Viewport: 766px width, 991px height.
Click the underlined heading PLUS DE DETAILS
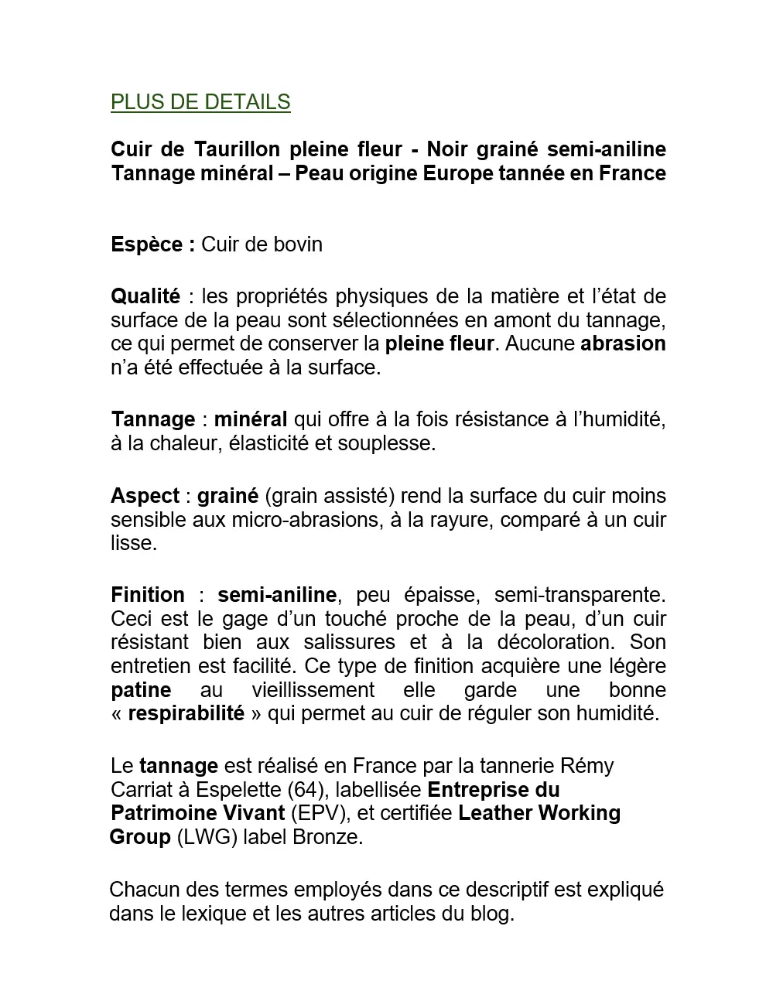click(200, 102)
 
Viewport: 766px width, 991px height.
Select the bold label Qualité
click(145, 296)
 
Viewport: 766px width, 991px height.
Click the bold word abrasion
click(623, 343)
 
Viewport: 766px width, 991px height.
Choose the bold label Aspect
click(145, 496)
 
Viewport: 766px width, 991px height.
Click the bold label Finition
click(148, 595)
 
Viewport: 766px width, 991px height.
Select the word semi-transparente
click(580, 595)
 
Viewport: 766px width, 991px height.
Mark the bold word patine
click(141, 690)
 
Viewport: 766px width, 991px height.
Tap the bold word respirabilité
click(186, 713)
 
